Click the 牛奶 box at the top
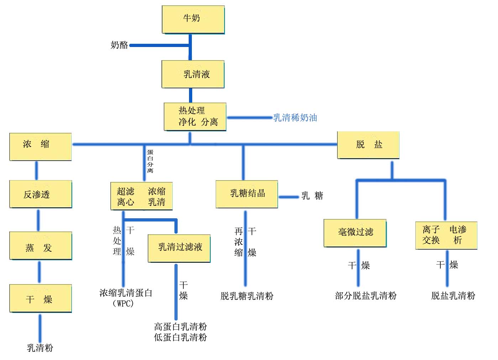coord(193,20)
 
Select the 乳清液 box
coord(193,74)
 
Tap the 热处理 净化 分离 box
coord(195,116)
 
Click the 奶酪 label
coord(119,45)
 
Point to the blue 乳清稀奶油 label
coord(295,118)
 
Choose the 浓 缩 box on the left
coord(40,146)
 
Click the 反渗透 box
coord(40,194)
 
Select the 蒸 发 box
coord(40,246)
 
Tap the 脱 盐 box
coord(368,145)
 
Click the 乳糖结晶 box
coord(247,194)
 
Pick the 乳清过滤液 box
coord(179,248)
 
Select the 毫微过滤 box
coord(355,233)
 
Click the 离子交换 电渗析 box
coord(446,235)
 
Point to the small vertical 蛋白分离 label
coord(150,161)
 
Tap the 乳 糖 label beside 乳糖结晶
coord(312,196)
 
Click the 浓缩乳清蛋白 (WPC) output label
coord(126,298)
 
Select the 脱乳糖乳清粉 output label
coord(247,296)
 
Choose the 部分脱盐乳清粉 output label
coord(366,296)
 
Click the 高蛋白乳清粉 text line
coord(180,327)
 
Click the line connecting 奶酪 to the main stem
coord(160,45)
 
